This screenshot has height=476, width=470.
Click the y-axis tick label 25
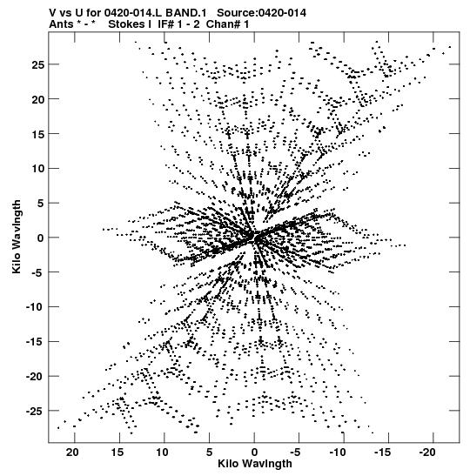click(x=38, y=64)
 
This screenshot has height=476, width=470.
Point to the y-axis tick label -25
click(x=35, y=412)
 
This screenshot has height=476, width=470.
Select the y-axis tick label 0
click(x=41, y=238)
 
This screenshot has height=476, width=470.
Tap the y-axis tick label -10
click(x=35, y=307)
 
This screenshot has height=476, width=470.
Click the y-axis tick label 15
click(x=38, y=134)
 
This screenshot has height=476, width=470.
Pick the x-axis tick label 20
click(x=72, y=453)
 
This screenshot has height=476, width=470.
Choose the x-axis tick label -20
click(x=427, y=453)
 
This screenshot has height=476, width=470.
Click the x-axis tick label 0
click(x=254, y=453)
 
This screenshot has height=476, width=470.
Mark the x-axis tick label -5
click(x=295, y=453)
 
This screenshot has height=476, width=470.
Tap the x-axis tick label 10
click(x=162, y=453)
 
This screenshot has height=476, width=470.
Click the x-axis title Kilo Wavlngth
click(x=255, y=464)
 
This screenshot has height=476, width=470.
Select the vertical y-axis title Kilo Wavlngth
click(x=17, y=237)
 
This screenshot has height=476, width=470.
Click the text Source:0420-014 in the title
click(x=261, y=13)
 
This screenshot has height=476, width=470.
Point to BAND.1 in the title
click(x=185, y=13)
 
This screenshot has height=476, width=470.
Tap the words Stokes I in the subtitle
click(x=130, y=24)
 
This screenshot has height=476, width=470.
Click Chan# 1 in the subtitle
click(x=227, y=24)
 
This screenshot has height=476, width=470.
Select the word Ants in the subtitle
click(x=61, y=24)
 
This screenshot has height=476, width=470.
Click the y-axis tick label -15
click(x=35, y=342)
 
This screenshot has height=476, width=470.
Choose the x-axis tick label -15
click(x=383, y=453)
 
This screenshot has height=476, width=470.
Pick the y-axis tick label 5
click(x=41, y=203)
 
